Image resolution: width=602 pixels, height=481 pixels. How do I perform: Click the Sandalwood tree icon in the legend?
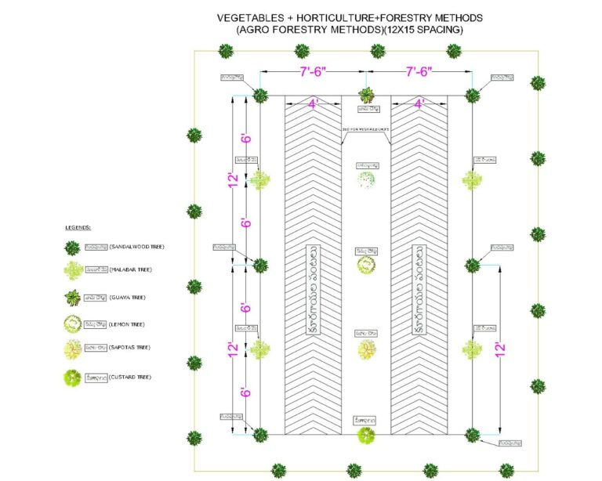pyautogui.click(x=72, y=248)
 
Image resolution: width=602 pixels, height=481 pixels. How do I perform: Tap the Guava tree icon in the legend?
pyautogui.click(x=72, y=298)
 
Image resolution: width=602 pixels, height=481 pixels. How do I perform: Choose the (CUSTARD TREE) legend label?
pyautogui.click(x=132, y=377)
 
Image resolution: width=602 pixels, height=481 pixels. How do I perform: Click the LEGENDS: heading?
pyautogui.click(x=78, y=227)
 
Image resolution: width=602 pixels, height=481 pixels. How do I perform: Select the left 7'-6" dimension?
pyautogui.click(x=313, y=71)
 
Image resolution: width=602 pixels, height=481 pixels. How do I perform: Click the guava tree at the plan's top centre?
pyautogui.click(x=366, y=96)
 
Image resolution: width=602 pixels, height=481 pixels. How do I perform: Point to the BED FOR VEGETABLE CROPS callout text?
pyautogui.click(x=365, y=129)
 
